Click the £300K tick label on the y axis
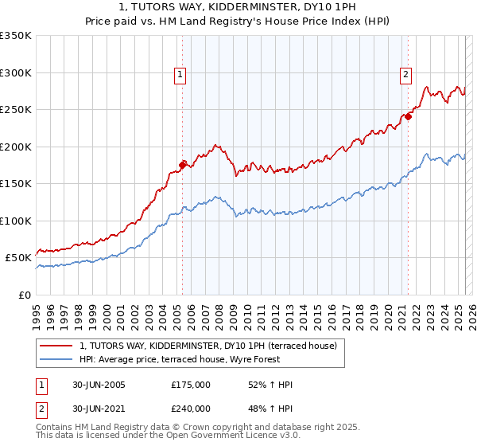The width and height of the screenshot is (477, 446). (16, 72)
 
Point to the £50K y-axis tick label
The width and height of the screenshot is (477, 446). (18, 258)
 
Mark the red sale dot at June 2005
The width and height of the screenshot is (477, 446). (182, 165)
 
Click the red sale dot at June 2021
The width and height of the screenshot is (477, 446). (408, 116)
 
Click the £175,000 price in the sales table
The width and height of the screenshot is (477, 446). (191, 385)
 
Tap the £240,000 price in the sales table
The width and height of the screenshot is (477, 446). (191, 409)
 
